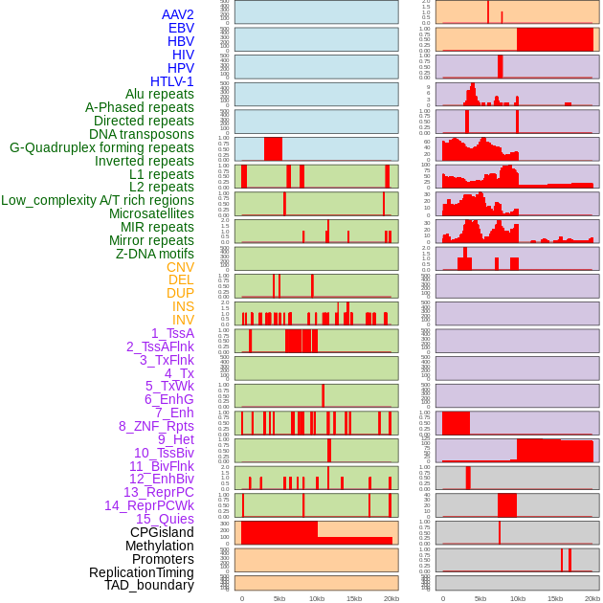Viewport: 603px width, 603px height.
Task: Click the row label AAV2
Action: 177,14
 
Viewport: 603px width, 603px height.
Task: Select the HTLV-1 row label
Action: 171,81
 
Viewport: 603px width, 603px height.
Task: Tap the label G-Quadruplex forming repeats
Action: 101,148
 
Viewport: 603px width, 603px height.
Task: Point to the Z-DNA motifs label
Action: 154,254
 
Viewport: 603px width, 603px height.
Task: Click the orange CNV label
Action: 180,267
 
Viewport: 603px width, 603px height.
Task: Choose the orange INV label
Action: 183,320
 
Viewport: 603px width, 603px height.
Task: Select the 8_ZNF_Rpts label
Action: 156,426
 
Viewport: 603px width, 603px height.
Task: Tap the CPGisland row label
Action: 162,532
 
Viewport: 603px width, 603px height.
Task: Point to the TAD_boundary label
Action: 149,585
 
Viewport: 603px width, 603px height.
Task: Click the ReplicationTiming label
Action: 141,572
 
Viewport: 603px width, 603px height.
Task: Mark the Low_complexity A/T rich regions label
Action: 98,200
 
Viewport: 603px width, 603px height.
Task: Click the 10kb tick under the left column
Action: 316,598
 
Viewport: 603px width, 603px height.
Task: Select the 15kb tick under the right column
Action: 555,598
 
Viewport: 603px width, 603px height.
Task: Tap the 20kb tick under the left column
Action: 391,598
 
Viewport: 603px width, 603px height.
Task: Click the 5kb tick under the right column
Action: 480,598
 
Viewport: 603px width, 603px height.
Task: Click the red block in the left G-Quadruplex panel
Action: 273,149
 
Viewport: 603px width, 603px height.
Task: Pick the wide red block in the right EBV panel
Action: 555,39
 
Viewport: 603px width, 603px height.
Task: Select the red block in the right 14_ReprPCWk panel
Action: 506,504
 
